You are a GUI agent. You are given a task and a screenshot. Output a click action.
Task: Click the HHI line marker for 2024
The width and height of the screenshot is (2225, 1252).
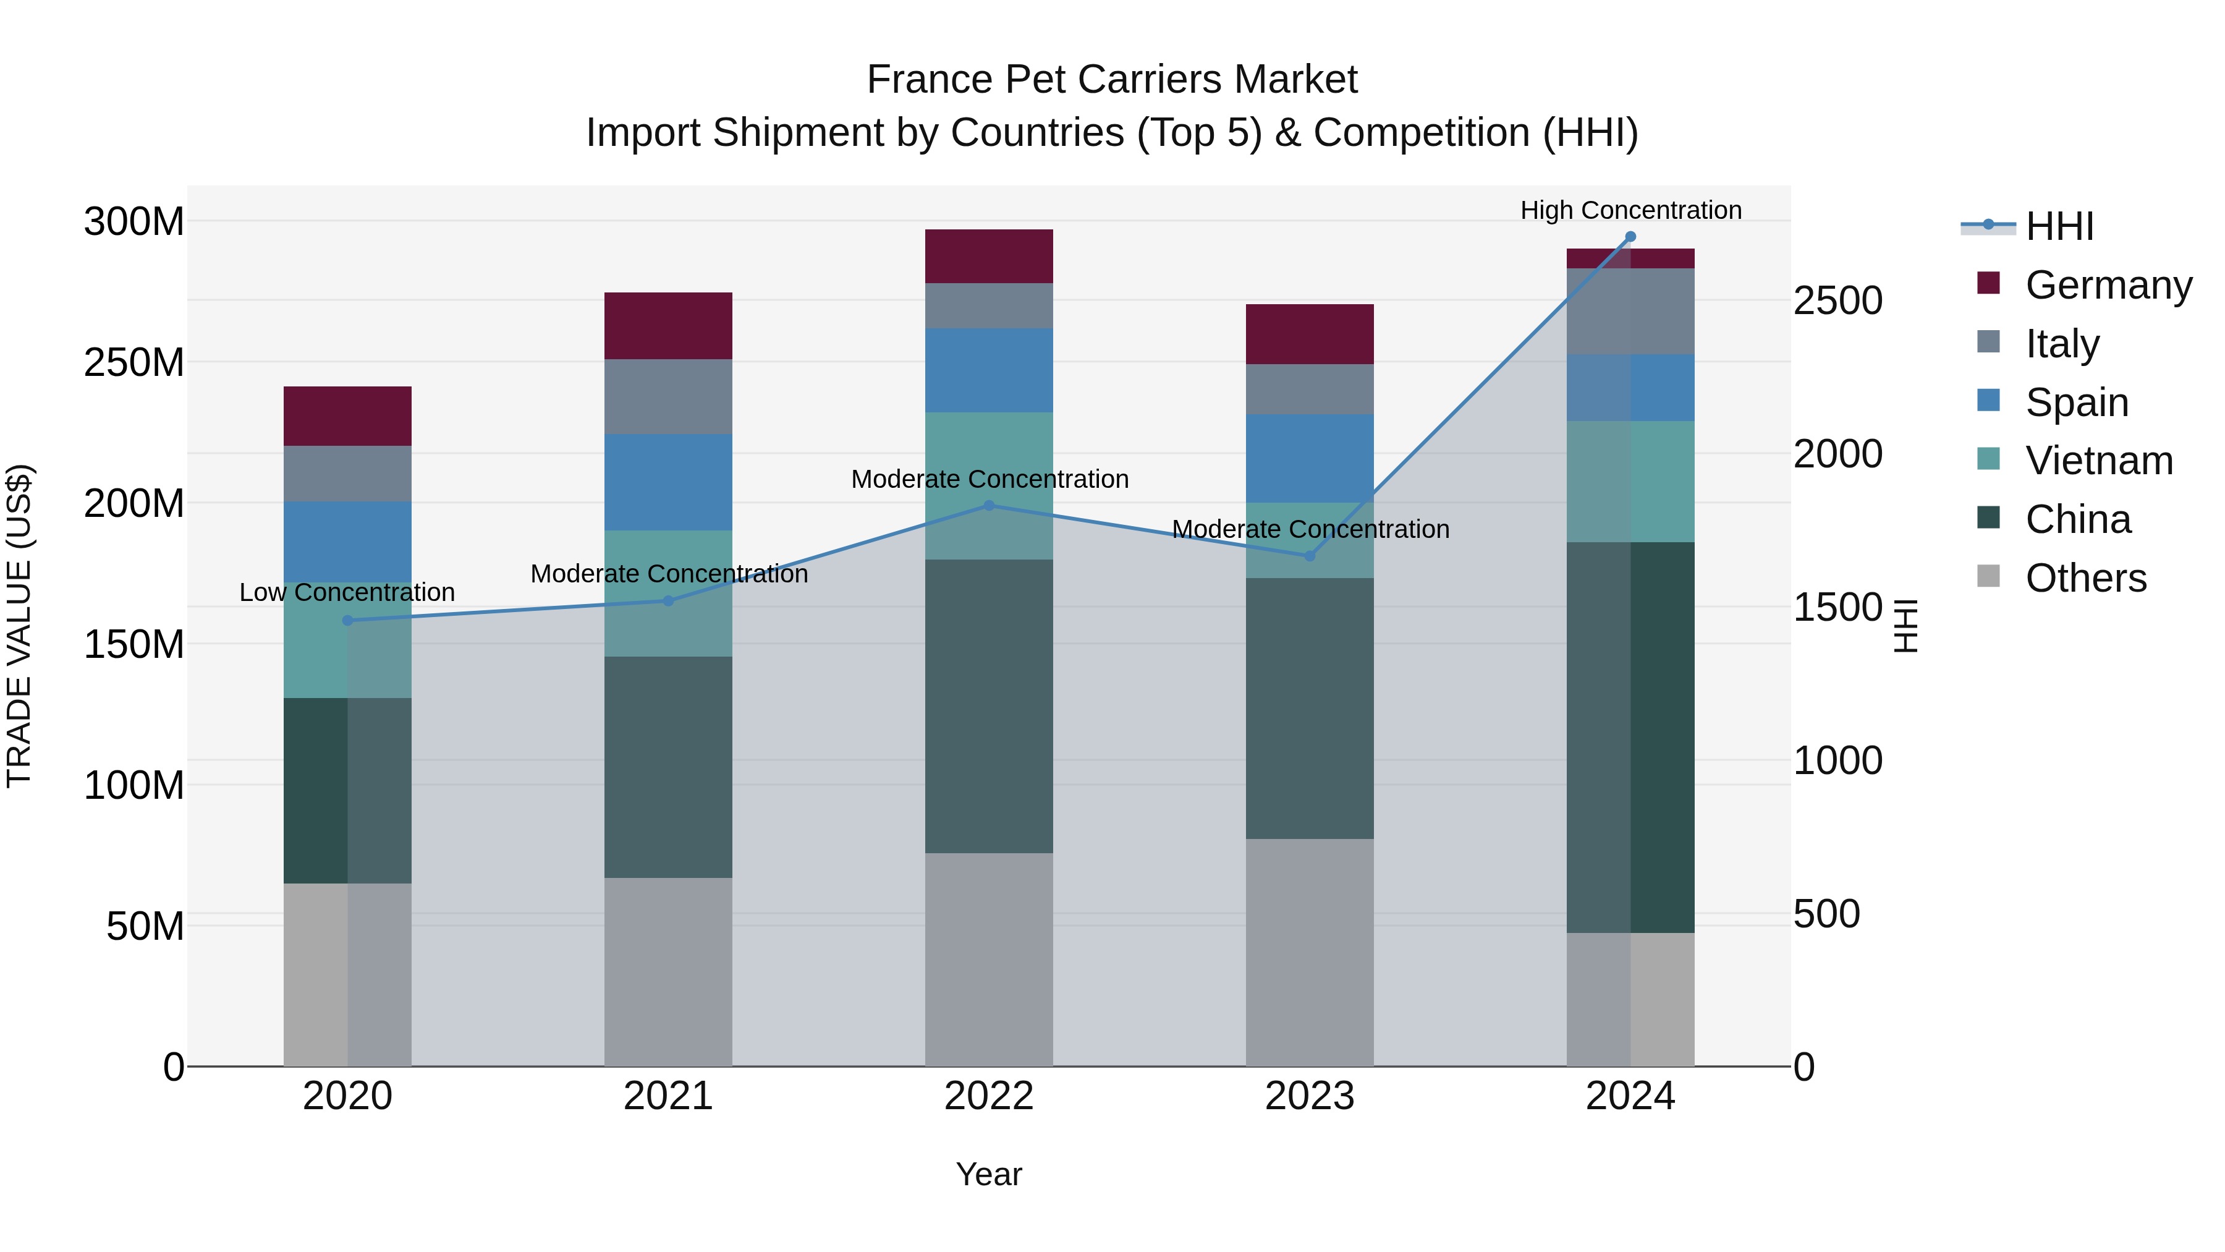click(x=1630, y=237)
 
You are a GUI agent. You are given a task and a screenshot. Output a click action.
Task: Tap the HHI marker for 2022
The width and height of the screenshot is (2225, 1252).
click(x=989, y=506)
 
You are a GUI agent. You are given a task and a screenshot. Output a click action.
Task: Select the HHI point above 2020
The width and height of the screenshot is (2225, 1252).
click(x=347, y=620)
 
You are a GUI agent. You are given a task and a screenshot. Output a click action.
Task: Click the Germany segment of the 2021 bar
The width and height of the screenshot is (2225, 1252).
click(x=667, y=326)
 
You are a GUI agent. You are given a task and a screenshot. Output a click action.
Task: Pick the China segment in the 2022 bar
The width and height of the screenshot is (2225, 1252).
click(x=989, y=706)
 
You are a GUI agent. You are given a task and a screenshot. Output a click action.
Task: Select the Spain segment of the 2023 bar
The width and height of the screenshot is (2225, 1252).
click(x=1310, y=458)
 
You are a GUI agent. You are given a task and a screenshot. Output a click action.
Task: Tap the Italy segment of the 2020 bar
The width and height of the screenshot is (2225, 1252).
click(x=347, y=474)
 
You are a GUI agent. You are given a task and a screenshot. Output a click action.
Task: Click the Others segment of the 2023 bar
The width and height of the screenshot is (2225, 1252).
click(x=1310, y=952)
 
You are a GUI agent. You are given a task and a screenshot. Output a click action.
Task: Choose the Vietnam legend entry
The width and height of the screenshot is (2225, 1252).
click(x=2099, y=461)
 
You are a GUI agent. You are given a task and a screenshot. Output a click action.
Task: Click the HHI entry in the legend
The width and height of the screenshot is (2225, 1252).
click(x=2059, y=226)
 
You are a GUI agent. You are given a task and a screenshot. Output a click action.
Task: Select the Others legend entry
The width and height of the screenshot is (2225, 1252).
click(x=2085, y=578)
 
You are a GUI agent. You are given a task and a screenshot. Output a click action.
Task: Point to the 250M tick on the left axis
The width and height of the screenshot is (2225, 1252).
click(x=134, y=363)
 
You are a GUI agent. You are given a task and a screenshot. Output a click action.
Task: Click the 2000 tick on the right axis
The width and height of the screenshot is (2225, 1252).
click(x=1838, y=454)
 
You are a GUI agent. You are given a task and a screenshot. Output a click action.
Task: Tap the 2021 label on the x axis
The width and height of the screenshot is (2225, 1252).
click(x=667, y=1096)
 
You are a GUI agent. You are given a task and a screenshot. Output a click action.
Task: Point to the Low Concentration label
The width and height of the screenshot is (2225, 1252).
click(x=347, y=593)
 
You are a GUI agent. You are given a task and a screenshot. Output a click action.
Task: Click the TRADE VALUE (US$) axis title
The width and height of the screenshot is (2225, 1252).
click(x=19, y=626)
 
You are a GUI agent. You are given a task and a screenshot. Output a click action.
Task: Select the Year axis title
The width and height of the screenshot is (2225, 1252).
click(x=989, y=1174)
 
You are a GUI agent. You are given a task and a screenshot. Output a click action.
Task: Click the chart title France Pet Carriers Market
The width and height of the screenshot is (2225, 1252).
click(x=1112, y=80)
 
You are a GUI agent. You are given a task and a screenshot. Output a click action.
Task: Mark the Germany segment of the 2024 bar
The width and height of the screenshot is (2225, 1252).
click(x=1630, y=258)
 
